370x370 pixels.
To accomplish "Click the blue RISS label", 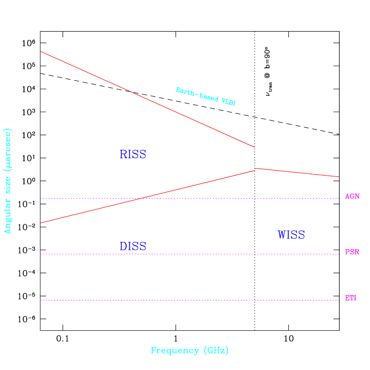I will tap(133, 155).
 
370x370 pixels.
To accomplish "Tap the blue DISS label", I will tap(133, 247).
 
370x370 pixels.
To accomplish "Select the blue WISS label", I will tap(291, 235).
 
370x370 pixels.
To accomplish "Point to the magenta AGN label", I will tap(352, 197).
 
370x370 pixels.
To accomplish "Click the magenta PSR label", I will tap(352, 252).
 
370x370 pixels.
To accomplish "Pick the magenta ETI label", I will tap(350, 298).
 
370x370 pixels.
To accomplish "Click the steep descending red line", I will tap(147, 99).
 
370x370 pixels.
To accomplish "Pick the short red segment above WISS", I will tap(297, 173).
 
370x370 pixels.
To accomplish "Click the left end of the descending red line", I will tap(41, 52).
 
